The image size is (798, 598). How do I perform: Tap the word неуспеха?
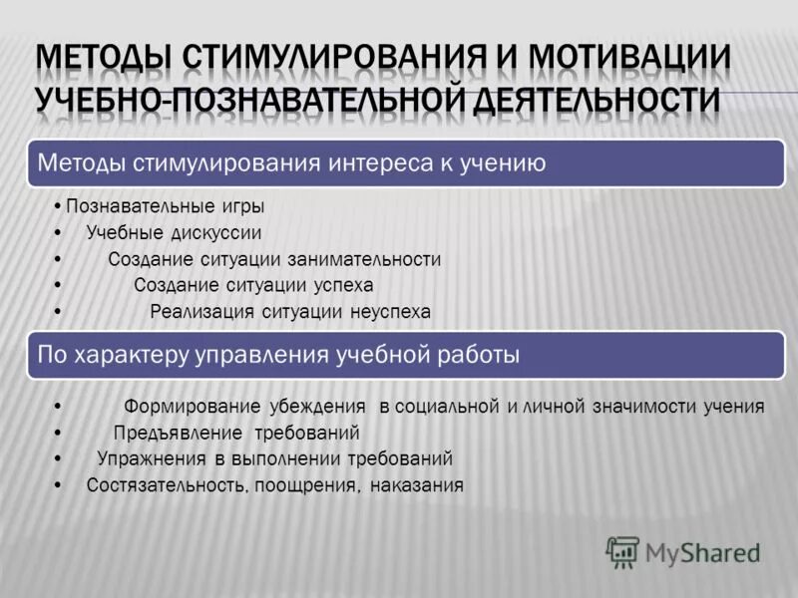point(390,312)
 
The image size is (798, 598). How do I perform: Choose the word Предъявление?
point(179,433)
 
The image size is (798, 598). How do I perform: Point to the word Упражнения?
point(150,459)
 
